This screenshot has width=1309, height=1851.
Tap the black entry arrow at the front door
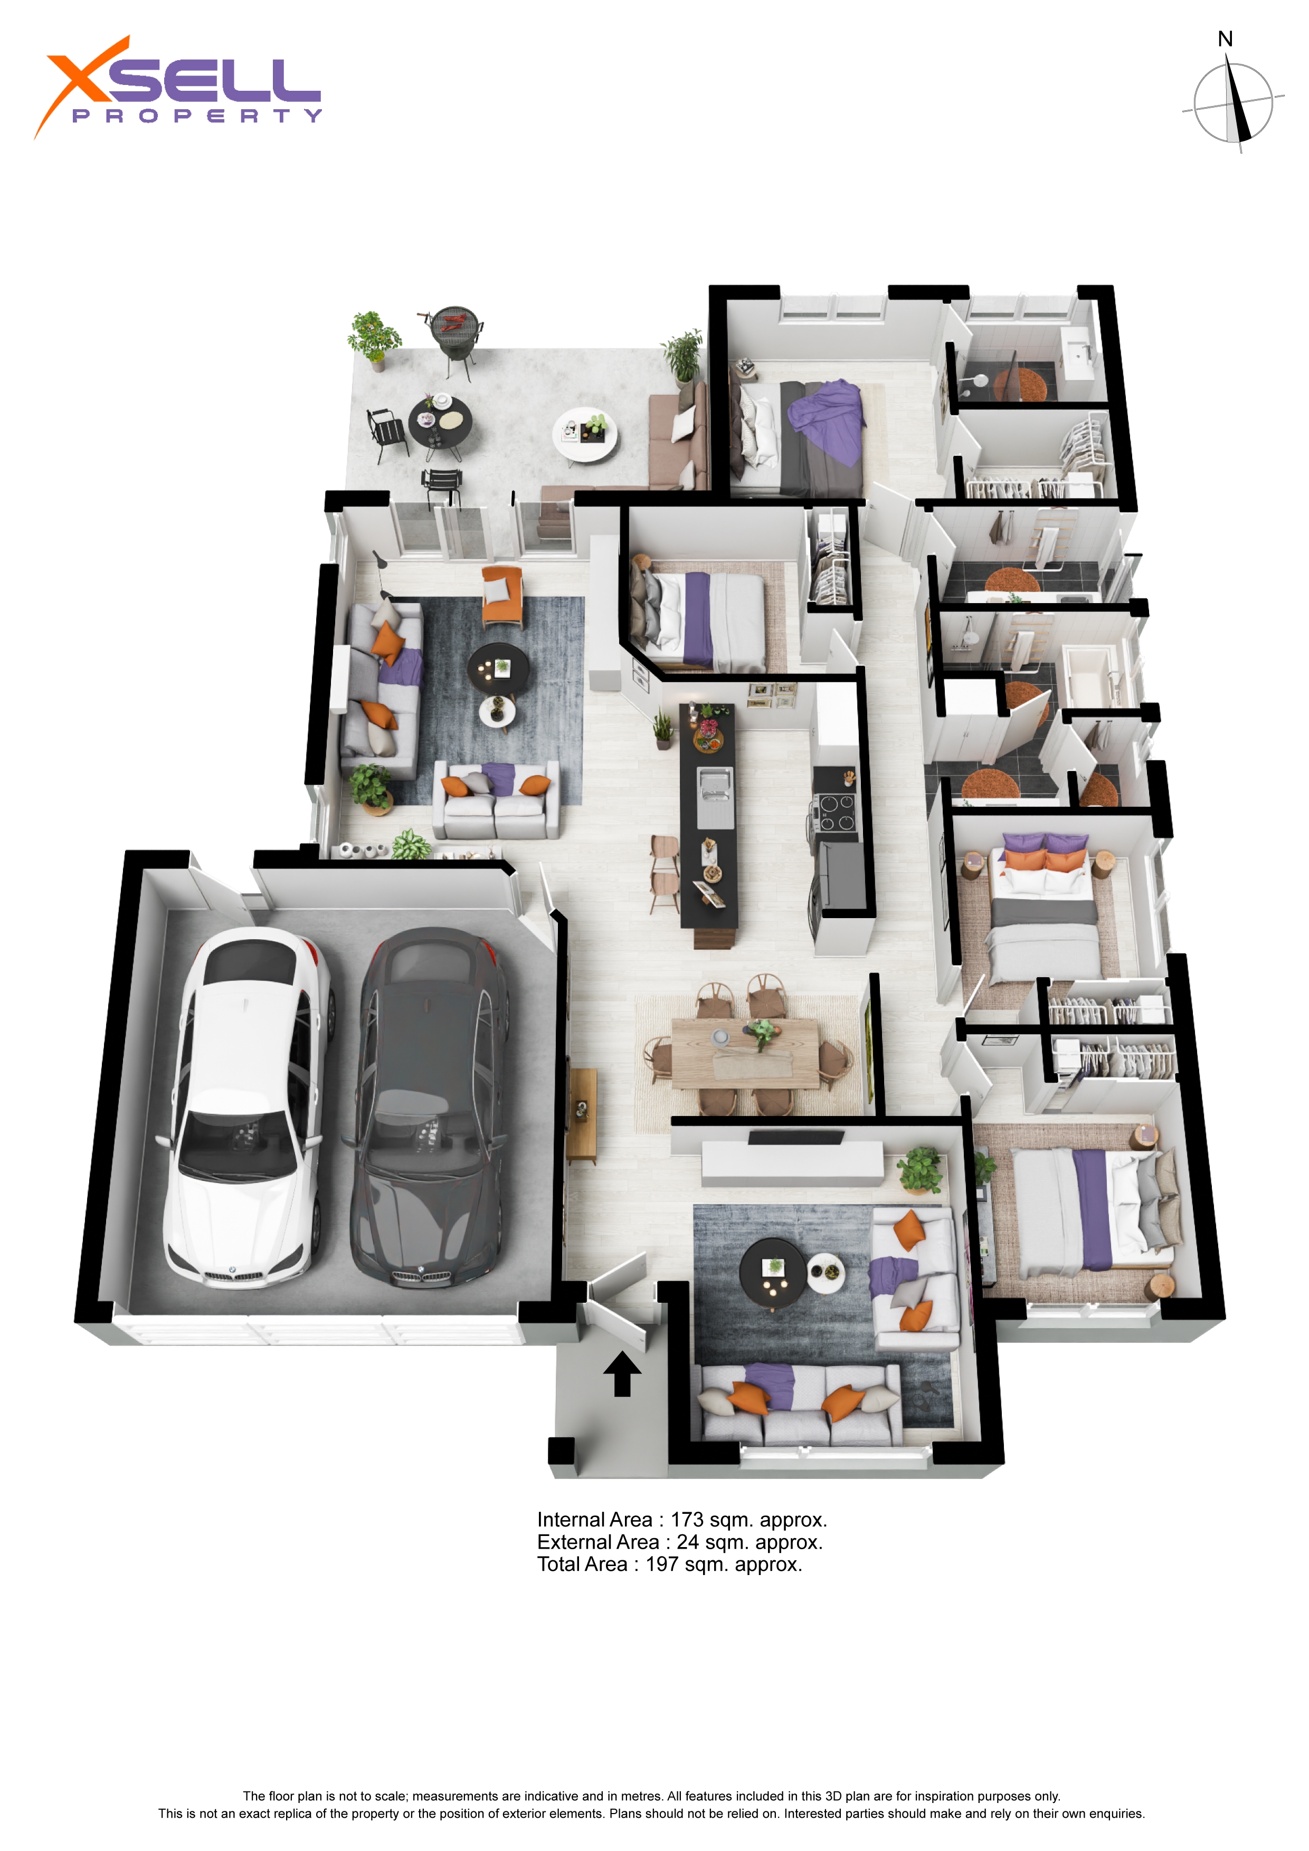coord(622,1373)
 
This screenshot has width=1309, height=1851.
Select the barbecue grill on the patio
coord(453,339)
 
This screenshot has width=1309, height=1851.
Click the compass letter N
coord(1225,39)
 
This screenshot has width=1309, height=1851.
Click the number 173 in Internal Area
coord(687,1520)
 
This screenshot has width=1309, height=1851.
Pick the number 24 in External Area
coord(687,1542)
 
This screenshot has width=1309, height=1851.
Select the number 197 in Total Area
coord(661,1565)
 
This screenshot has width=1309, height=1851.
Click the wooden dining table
coord(745,1053)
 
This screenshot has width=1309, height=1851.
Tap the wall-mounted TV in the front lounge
coord(795,1138)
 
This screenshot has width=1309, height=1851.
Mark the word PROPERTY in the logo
coord(197,116)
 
